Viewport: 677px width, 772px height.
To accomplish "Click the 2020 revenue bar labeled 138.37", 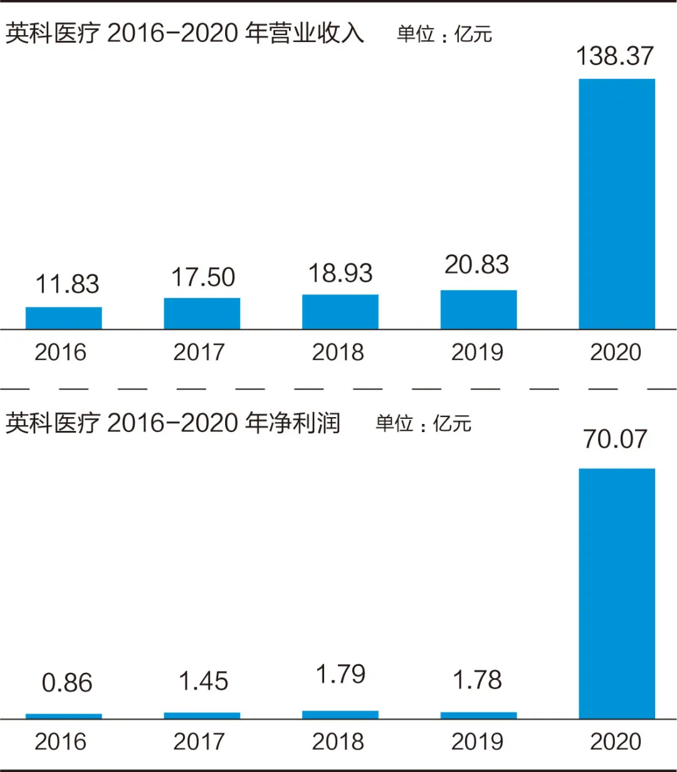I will coord(616,204).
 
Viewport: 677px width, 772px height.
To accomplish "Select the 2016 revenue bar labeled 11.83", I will coord(63,318).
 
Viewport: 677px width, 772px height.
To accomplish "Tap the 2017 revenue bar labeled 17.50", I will coord(202,314).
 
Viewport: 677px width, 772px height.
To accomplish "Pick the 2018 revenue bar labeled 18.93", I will coord(340,312).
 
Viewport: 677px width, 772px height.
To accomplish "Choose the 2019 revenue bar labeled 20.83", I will coord(478,310).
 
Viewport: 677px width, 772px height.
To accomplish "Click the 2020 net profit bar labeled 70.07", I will coord(616,593).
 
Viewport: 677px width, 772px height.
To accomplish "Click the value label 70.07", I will coord(614,439).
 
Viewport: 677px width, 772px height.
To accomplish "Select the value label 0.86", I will coord(67,683).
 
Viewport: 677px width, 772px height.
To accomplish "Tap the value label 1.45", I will coord(203,681).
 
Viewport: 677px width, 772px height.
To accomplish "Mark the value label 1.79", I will coord(340,674).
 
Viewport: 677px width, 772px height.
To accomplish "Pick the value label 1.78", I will coord(477,680).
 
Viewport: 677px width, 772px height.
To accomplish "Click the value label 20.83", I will coord(476,265).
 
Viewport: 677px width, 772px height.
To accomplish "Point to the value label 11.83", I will coord(67,284).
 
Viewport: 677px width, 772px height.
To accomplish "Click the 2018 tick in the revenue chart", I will coord(338,352).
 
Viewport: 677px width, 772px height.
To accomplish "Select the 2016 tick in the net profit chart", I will coord(60,742).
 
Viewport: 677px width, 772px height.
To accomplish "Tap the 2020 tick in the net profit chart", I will coord(616,742).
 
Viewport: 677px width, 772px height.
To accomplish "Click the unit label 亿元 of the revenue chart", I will coord(473,34).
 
